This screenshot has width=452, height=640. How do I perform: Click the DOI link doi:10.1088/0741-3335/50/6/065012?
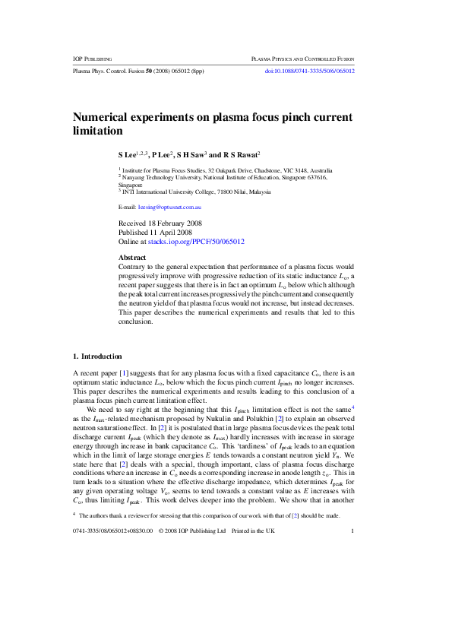[309, 71]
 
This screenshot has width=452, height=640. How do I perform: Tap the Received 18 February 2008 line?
[160, 223]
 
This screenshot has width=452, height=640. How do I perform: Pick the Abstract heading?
[132, 258]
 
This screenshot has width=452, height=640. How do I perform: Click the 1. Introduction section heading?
[96, 356]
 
